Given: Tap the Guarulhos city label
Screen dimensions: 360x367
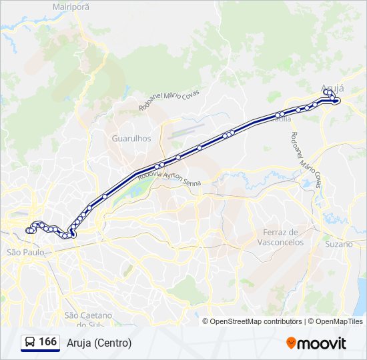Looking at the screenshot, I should (x=131, y=139).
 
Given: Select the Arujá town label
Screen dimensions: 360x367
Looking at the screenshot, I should (x=332, y=87).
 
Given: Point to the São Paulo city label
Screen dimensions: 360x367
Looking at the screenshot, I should (x=25, y=253).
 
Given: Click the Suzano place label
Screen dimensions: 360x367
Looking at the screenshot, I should (x=339, y=244).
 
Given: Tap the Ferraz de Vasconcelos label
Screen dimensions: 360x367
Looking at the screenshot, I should (x=280, y=237).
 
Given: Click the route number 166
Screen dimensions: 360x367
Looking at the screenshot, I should (x=47, y=342).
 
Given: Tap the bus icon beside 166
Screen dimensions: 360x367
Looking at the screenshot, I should (x=29, y=343).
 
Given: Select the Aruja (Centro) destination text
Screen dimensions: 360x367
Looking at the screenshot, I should (x=99, y=343).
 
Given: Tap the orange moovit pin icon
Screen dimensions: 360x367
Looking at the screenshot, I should (x=291, y=343).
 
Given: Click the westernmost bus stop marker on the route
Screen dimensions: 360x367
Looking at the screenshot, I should (x=28, y=231).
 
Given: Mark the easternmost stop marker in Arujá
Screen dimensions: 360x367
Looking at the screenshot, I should (x=338, y=101).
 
